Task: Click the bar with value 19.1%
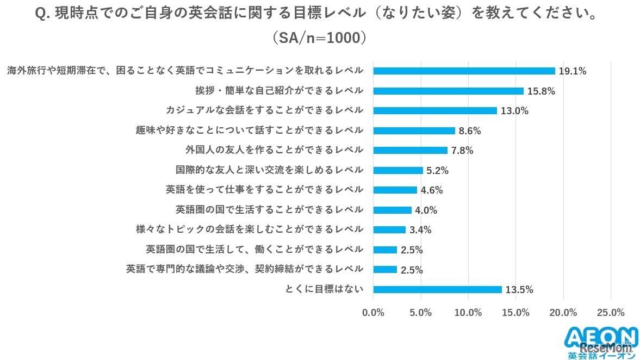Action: [x=464, y=71]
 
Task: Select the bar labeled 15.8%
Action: [x=448, y=91]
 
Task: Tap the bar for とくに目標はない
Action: [x=437, y=289]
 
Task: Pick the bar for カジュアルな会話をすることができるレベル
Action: [x=435, y=110]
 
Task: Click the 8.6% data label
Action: [x=470, y=131]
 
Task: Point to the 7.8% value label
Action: [x=462, y=151]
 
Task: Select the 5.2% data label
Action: [x=437, y=171]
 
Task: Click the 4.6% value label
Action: [x=432, y=190]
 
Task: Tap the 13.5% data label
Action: [x=519, y=290]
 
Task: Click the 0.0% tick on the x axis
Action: [x=373, y=313]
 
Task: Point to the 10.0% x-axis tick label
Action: [x=468, y=313]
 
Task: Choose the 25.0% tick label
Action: [x=611, y=313]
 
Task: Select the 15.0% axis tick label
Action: [x=515, y=313]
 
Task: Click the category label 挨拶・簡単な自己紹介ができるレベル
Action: [x=279, y=90]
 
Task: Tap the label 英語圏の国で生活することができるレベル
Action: [x=269, y=209]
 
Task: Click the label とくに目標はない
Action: [x=324, y=289]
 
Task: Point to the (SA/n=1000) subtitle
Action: [x=320, y=38]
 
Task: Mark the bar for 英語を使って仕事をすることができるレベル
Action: [x=395, y=190]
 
